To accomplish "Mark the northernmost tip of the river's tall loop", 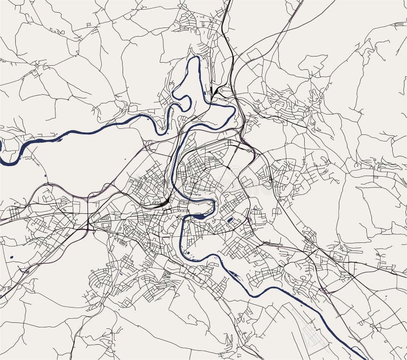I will pyautogui.click(x=193, y=58).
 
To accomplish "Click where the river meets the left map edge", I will pyautogui.click(x=1, y=153).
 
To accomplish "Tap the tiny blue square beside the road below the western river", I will pyautogui.click(x=45, y=176).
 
